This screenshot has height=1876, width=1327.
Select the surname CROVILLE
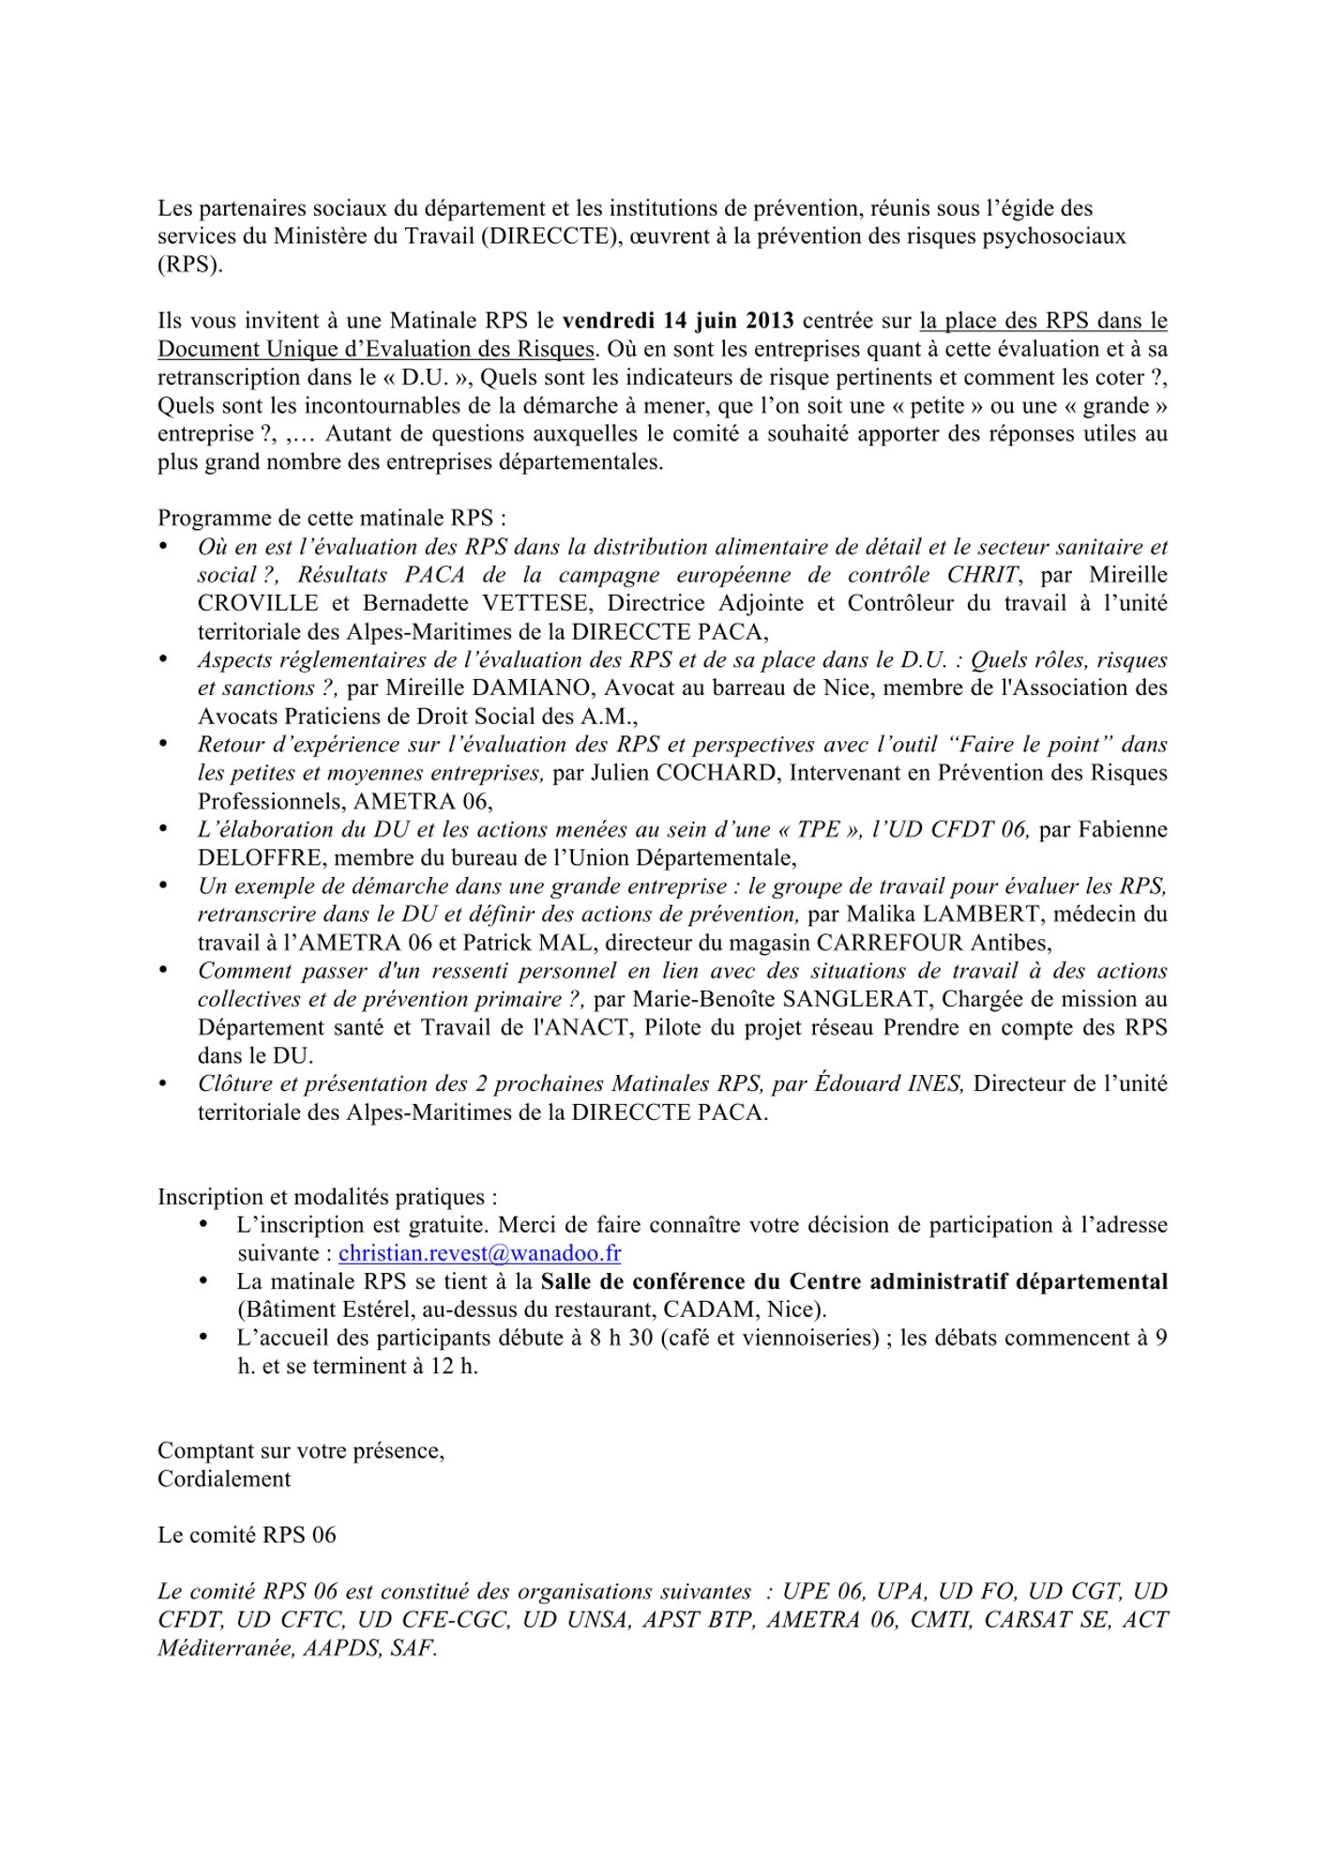[260, 603]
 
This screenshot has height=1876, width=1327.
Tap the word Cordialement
[224, 1479]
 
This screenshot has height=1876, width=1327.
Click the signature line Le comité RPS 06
[247, 1536]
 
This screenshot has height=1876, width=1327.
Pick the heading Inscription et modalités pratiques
[326, 1197]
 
